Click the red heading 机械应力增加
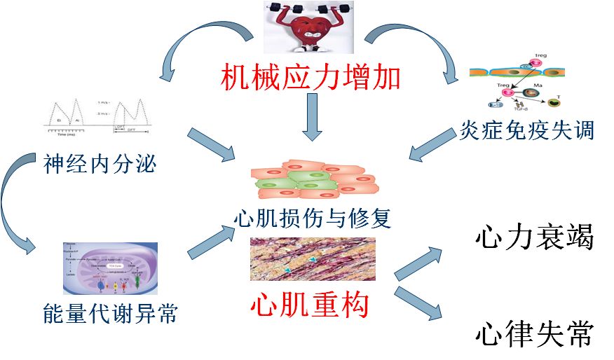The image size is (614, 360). [311, 76]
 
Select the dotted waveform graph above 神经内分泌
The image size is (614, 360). [98, 116]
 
